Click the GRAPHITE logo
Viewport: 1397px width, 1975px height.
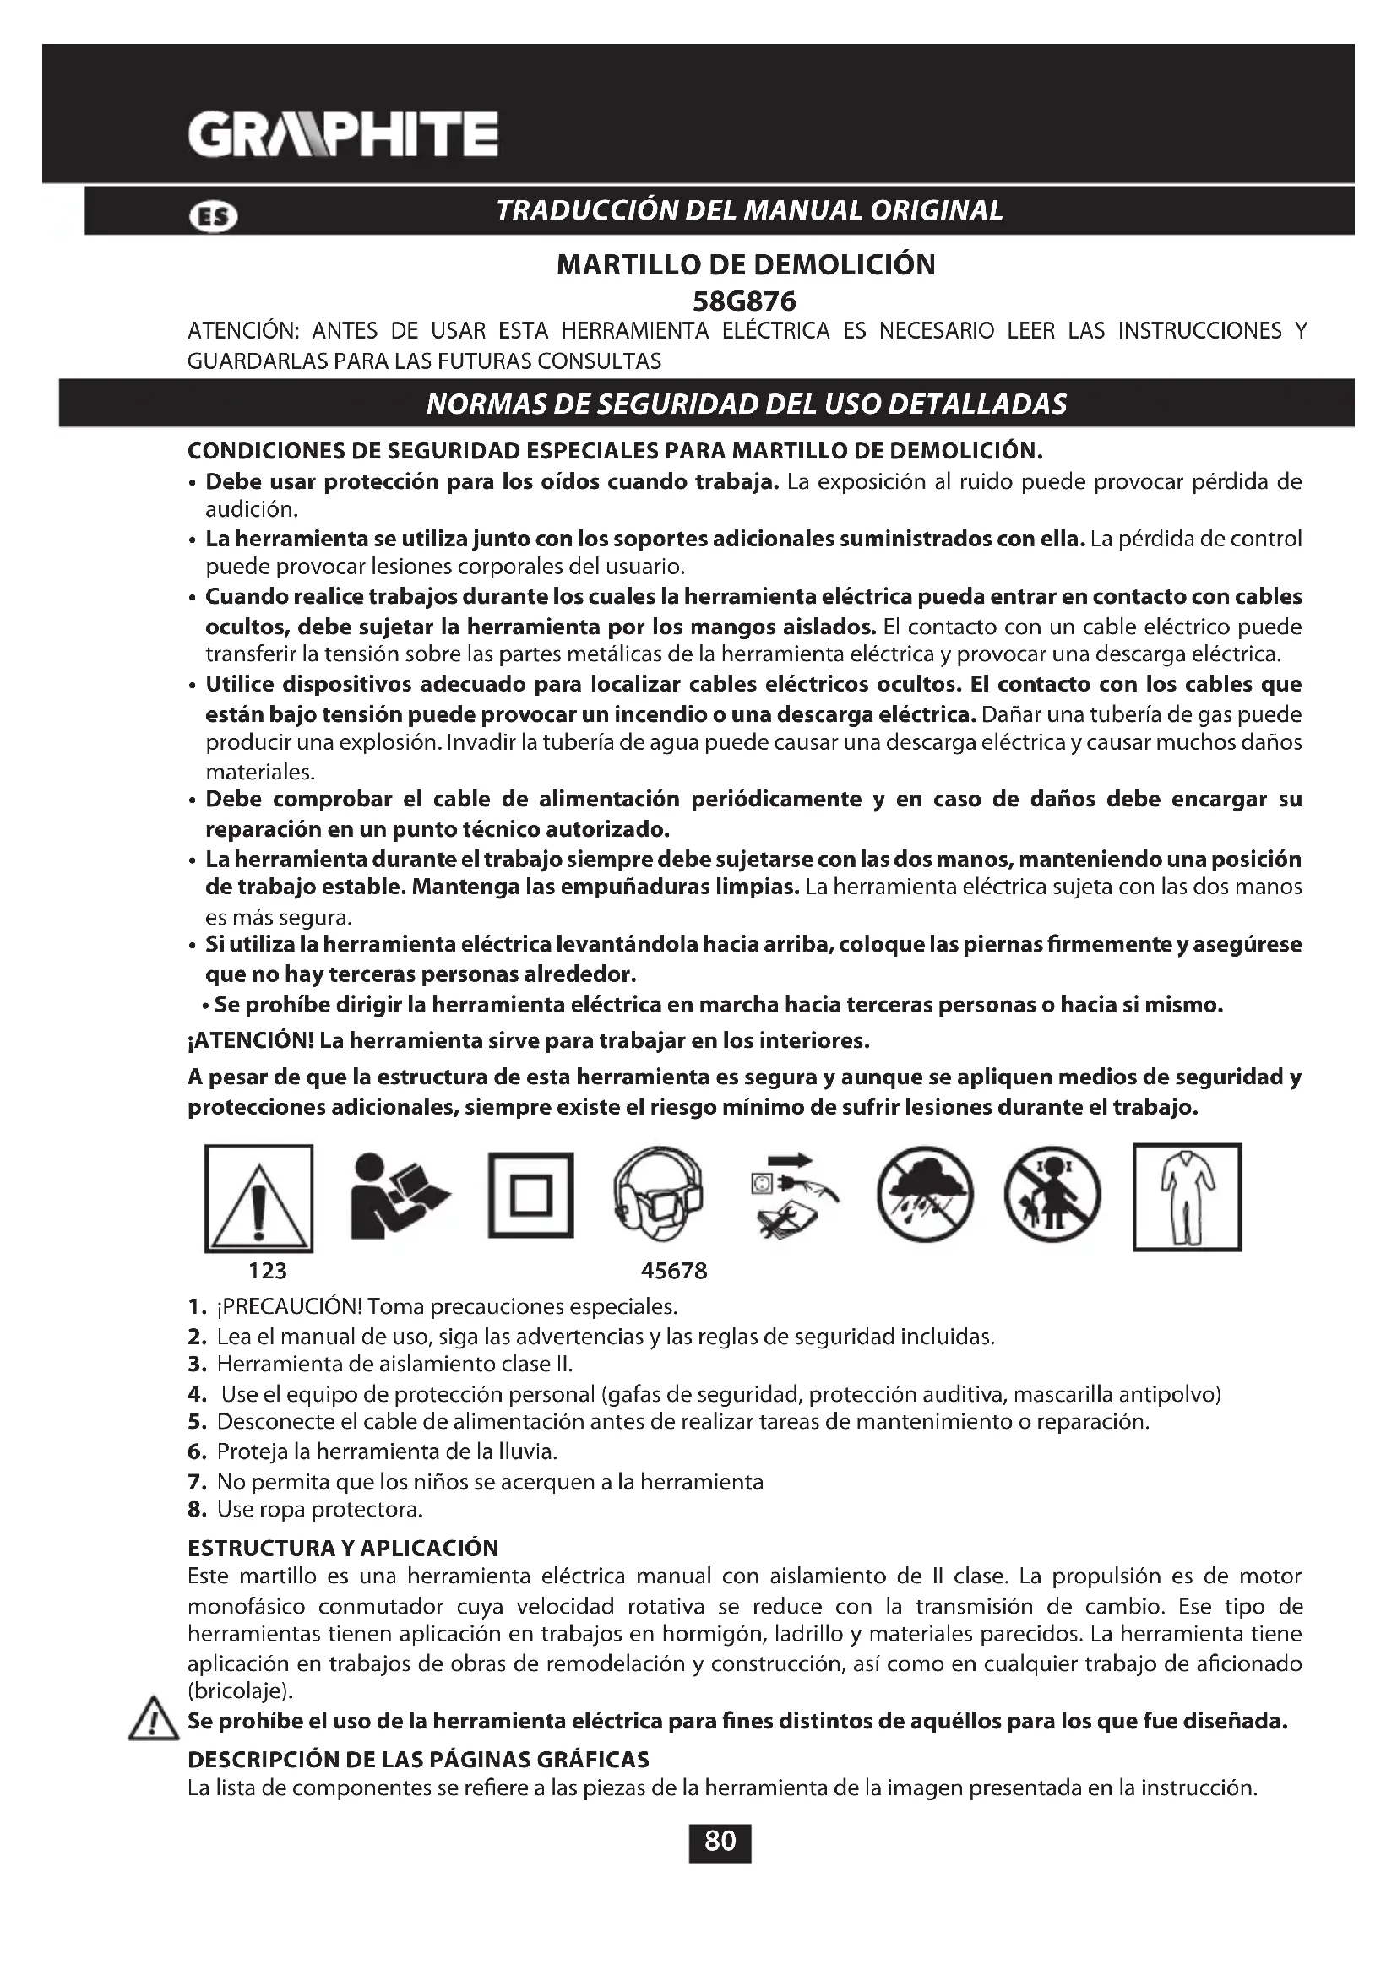(x=342, y=134)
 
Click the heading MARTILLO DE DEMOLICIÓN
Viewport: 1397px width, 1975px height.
(x=746, y=264)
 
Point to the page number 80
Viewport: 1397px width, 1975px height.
(x=720, y=1840)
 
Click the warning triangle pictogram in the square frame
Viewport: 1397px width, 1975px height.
(x=259, y=1197)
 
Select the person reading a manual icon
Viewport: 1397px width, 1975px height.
(x=399, y=1196)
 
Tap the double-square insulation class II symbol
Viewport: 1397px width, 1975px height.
(x=530, y=1196)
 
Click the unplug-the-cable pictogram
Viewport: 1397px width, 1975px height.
(x=793, y=1196)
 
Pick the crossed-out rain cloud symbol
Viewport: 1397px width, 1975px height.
(x=925, y=1196)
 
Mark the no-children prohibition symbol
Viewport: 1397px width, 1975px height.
(x=1052, y=1196)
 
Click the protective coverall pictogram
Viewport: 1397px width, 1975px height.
(x=1187, y=1196)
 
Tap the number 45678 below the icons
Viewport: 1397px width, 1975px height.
(x=673, y=1271)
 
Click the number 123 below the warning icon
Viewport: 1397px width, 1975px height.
(x=268, y=1271)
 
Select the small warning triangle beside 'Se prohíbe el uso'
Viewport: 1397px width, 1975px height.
(x=151, y=1720)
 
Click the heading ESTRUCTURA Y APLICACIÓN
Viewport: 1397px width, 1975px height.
(x=343, y=1549)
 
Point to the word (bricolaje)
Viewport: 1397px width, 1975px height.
(x=241, y=1691)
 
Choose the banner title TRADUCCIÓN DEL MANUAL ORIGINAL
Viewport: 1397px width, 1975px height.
(x=749, y=211)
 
